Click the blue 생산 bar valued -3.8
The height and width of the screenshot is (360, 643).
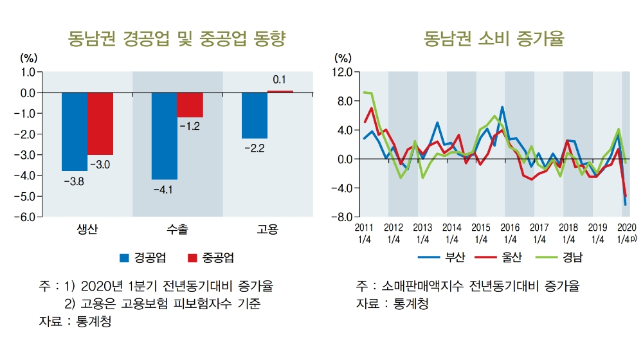click(75, 131)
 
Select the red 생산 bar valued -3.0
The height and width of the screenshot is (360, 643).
click(100, 123)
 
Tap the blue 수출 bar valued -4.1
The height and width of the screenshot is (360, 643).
click(165, 136)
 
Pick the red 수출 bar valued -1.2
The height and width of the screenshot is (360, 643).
click(190, 105)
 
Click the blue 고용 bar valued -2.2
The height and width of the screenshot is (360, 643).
click(255, 115)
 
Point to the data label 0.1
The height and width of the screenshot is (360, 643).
click(280, 80)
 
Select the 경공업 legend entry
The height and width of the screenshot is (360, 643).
click(143, 258)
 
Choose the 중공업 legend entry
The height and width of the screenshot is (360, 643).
click(210, 258)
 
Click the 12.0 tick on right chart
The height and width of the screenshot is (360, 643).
click(342, 72)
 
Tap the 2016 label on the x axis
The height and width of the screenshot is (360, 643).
click(510, 227)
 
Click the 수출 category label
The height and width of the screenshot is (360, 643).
click(177, 230)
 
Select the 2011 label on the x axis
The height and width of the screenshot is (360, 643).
click(364, 227)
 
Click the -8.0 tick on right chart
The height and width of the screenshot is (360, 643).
click(342, 217)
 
